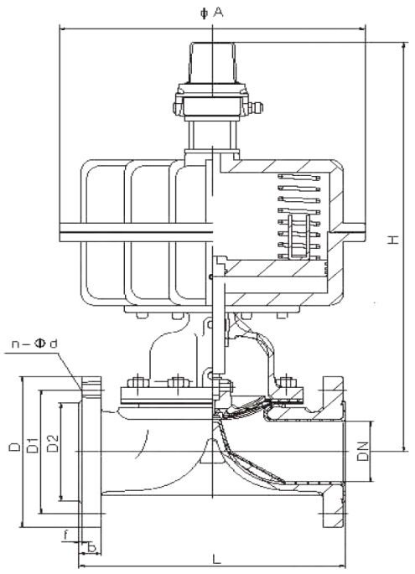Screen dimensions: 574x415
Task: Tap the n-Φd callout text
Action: click(35, 343)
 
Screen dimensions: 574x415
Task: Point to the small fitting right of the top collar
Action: click(257, 106)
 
